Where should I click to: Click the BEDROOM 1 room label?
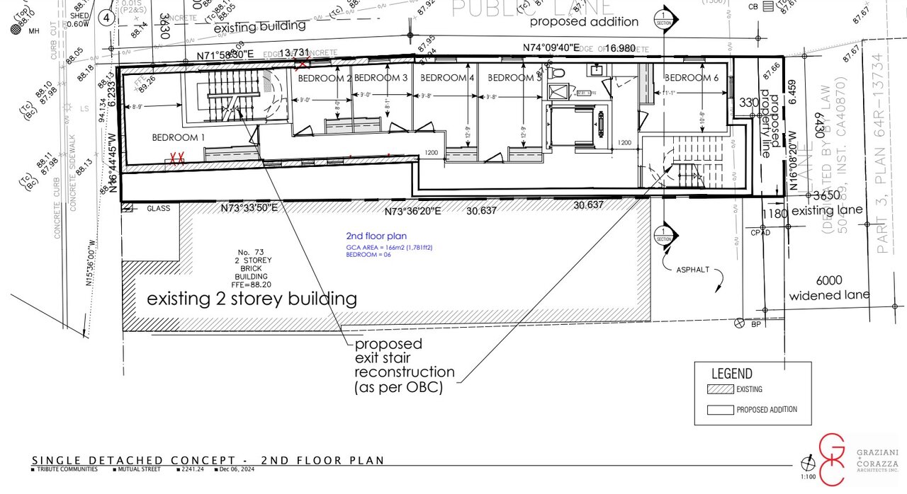point(178,137)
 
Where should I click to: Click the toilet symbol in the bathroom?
point(558,73)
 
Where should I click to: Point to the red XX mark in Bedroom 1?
point(176,159)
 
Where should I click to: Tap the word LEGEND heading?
point(732,374)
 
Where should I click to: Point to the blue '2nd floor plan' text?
point(376,236)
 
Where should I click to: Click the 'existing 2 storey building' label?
point(252,299)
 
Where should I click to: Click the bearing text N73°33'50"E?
point(248,208)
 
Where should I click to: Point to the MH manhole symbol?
point(15,30)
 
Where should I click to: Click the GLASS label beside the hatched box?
point(159,209)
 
